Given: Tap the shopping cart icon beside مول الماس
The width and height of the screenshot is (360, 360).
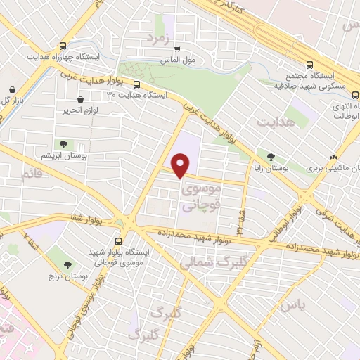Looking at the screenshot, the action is point(177,49).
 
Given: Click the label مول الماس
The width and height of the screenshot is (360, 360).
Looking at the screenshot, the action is point(200,60).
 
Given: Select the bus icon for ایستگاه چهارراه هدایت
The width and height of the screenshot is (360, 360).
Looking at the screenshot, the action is point(64,44).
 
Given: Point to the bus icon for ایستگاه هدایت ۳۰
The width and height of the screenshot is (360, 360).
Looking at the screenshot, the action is point(136,84).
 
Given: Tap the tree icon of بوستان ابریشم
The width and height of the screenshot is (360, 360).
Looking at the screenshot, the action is point(64,144).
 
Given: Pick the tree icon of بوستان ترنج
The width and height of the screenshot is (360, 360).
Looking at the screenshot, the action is point(67,265).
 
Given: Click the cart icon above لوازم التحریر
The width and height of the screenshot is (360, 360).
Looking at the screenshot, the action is point(82,100).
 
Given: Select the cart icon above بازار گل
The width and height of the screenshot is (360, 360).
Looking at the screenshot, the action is point(13,90).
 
